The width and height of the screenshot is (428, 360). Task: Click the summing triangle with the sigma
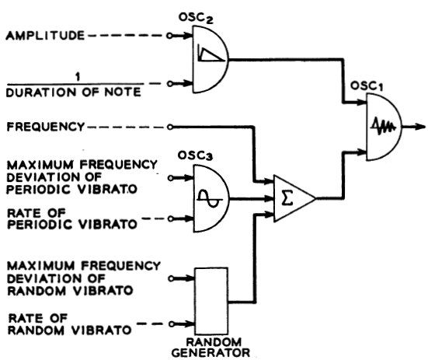coord(291,199)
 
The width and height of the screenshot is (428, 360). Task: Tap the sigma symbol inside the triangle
coord(287,199)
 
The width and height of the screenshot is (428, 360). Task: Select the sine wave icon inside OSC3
coord(205,197)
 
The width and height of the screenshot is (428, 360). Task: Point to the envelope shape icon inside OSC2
coord(207,54)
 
